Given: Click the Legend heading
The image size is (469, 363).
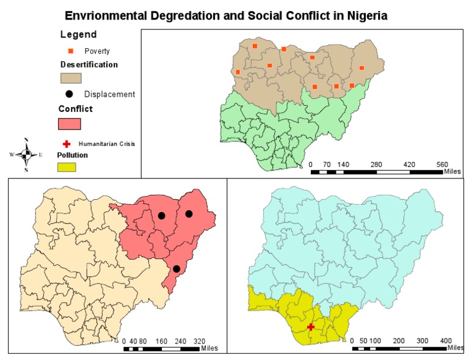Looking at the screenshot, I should [78, 35].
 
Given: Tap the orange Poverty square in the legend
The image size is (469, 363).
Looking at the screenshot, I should [70, 51].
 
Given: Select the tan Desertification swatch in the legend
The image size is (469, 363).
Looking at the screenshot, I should [71, 78].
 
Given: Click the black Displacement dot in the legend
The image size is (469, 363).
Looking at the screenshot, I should [69, 94].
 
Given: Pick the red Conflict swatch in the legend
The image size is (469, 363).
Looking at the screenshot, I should [70, 123].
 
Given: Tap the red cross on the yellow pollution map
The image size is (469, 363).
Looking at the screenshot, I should [311, 327].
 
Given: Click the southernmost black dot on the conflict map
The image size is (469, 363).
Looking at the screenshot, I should [176, 269].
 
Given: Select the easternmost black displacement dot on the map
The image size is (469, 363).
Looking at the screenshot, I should [189, 213].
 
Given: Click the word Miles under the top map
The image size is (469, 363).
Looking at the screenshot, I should [452, 172].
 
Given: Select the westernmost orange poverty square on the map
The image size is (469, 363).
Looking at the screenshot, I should [238, 72].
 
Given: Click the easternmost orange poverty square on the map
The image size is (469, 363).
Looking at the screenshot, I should [362, 68].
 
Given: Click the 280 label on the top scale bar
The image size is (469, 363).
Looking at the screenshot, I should [376, 164].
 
